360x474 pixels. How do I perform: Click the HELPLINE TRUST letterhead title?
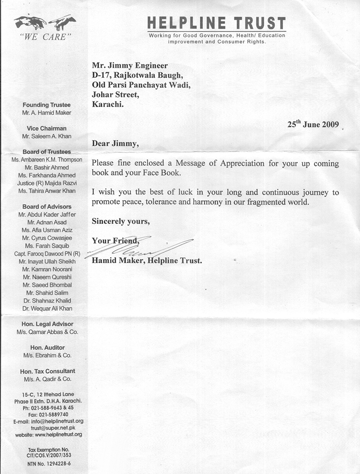[x=216, y=23]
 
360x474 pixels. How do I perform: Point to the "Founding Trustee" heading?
[x=46, y=105]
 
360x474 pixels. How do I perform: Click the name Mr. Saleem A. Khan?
[x=46, y=136]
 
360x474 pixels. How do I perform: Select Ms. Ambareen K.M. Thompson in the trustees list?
[x=44, y=160]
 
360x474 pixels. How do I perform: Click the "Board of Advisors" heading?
[x=46, y=206]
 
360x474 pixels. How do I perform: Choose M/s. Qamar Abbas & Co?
[x=46, y=332]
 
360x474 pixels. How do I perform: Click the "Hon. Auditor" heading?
[x=46, y=348]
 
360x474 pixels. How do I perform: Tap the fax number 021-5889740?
[x=46, y=414]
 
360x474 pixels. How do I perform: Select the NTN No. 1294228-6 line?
[x=46, y=463]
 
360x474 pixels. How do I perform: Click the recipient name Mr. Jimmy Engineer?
[x=130, y=66]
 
